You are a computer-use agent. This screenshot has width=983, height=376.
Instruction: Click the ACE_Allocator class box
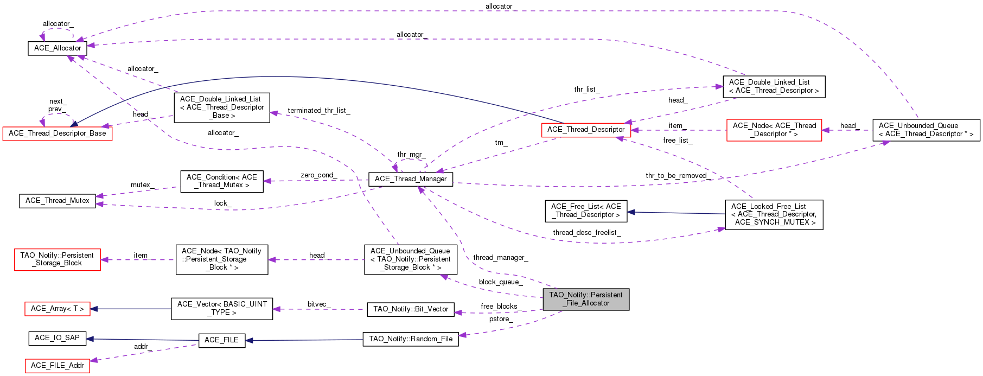58,48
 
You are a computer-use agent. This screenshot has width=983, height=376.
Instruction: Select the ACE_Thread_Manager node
411,179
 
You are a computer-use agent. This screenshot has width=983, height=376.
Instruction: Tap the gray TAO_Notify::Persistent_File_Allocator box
586,299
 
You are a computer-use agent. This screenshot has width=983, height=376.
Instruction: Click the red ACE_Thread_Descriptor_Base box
58,133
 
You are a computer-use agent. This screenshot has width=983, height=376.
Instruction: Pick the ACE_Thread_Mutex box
58,201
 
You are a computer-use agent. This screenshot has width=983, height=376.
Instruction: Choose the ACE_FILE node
221,340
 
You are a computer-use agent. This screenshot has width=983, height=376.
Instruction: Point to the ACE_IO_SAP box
57,338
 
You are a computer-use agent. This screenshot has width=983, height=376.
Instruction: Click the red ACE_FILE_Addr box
58,366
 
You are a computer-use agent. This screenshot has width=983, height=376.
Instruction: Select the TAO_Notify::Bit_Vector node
411,309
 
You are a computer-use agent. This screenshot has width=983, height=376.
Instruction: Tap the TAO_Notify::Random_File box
411,339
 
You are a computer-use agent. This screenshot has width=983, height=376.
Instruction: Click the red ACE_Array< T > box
58,309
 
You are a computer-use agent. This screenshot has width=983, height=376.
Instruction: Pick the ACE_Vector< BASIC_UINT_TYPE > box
222,308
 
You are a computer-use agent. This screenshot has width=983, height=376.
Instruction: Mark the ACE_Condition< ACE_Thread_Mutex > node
222,181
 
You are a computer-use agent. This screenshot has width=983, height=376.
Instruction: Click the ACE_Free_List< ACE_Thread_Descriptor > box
586,211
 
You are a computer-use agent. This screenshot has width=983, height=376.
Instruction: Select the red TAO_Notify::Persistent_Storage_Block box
58,259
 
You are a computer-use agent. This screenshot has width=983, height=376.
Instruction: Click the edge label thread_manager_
500,258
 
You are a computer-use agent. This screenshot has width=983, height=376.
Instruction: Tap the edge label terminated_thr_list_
319,111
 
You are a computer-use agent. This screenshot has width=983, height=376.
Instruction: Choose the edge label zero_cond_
318,175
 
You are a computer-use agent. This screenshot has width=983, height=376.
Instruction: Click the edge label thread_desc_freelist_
586,233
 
